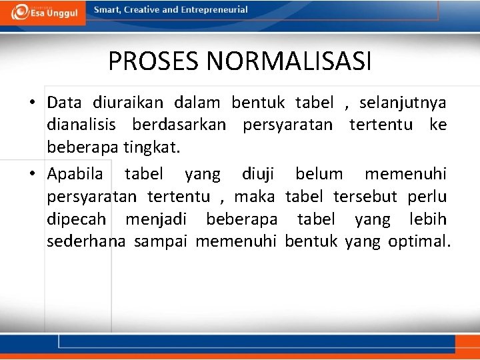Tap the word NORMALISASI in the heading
pyautogui.click(x=289, y=62)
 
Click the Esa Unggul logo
pyautogui.click(x=44, y=12)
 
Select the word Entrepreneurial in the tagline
pyautogui.click(x=214, y=10)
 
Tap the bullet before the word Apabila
pyautogui.click(x=32, y=175)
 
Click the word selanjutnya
pyautogui.click(x=403, y=103)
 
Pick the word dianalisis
pyautogui.click(x=81, y=125)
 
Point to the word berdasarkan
pyautogui.click(x=179, y=125)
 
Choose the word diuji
pyautogui.click(x=258, y=175)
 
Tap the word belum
pyautogui.click(x=319, y=175)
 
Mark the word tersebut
pyautogui.click(x=365, y=197)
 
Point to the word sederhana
pyautogui.click(x=86, y=241)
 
